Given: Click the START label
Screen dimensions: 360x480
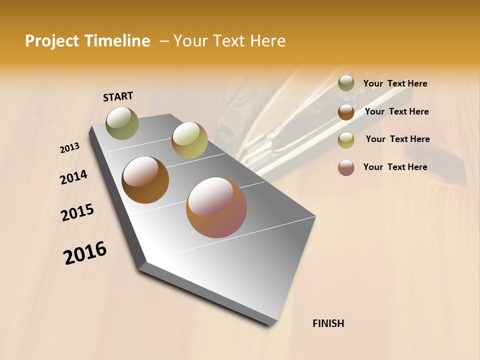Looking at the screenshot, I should pos(118,96).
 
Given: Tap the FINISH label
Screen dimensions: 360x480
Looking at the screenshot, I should pos(328,323).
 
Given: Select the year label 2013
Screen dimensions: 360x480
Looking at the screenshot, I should pos(69,148).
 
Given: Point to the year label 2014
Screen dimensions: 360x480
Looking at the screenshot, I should pos(73,177).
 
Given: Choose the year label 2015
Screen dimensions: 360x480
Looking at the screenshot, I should pos(77,212).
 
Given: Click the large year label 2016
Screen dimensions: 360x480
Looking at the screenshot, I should pos(85,252).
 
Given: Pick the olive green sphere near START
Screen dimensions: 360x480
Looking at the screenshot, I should pos(122,123).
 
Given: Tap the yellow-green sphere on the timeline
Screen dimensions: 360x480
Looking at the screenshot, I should pos(189,140).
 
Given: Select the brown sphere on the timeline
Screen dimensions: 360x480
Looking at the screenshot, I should pos(145,180).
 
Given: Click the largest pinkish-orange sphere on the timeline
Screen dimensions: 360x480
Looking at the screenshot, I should pos(216,207).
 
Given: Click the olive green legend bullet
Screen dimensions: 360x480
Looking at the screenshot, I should pos(346,83).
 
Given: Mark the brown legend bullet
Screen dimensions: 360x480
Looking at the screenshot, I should pos(346,112).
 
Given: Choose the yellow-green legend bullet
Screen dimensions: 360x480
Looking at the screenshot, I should pos(346,140).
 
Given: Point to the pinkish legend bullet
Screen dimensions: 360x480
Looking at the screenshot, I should pos(346,167).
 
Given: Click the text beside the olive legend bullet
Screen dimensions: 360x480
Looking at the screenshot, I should pos(395,83).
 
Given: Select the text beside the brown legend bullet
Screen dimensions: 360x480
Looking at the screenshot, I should pos(396,111).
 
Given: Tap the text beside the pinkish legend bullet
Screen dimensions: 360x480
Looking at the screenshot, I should pos(395,167).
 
